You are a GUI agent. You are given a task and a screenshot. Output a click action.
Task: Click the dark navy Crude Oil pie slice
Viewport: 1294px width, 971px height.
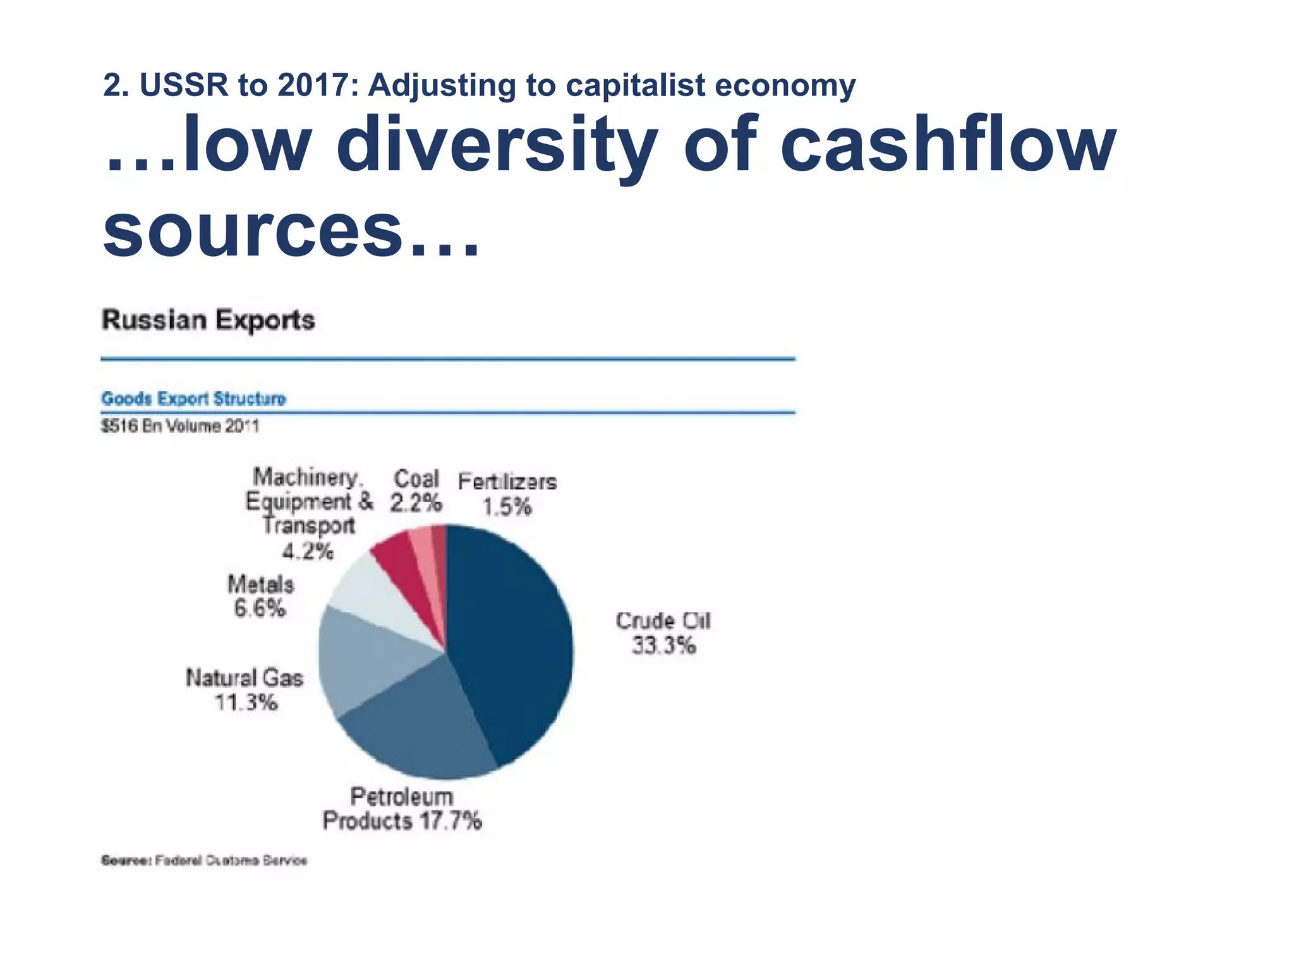coord(512,638)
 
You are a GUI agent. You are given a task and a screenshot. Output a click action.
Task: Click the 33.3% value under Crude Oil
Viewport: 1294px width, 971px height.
coord(663,645)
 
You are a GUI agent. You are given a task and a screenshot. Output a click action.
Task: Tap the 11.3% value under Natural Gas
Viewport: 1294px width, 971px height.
coord(246,702)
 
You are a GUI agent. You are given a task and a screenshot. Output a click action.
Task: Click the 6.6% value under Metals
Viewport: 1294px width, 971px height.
coord(259,609)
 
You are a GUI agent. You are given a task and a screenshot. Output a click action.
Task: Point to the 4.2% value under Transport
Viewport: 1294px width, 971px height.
coord(307,551)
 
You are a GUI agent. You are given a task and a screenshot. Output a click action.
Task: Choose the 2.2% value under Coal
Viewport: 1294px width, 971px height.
coord(415,503)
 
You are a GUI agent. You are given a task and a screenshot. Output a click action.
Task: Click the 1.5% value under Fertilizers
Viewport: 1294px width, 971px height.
coord(507,507)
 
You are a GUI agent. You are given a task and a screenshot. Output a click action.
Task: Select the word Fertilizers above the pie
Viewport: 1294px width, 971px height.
coord(507,482)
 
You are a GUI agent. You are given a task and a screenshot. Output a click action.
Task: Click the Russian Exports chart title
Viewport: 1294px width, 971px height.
coord(208,320)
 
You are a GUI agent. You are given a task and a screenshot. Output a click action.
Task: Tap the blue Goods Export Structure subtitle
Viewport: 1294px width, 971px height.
coord(193,399)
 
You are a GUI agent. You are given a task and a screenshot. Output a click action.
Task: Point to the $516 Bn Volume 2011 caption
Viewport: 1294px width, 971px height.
coord(180,426)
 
